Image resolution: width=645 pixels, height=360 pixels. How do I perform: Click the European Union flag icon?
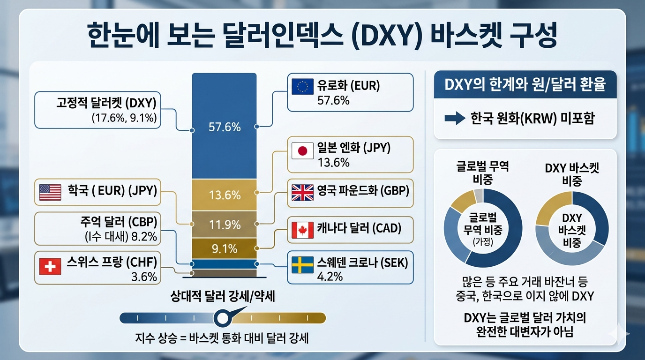[302, 86]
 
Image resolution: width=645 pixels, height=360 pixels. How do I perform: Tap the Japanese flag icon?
[302, 151]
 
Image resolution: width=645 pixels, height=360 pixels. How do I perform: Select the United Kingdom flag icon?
[302, 192]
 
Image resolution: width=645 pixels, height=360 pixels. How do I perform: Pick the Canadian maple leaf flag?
[302, 230]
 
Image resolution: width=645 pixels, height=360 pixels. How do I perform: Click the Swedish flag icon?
[302, 265]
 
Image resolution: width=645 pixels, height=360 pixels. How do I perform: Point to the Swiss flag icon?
[50, 266]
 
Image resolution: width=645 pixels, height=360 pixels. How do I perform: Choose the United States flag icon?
[50, 192]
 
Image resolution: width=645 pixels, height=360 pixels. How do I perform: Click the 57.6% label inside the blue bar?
[225, 127]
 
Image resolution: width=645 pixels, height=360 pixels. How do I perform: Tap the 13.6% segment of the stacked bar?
[225, 195]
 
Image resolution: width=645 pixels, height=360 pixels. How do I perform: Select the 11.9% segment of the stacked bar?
[225, 225]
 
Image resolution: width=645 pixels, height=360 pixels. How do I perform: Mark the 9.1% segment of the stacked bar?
[225, 248]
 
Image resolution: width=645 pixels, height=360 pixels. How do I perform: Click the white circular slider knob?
[223, 318]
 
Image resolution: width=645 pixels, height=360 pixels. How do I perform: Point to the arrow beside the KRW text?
[455, 118]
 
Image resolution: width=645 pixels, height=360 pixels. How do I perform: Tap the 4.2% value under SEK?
[330, 277]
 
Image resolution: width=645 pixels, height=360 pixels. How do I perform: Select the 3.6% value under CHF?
[144, 277]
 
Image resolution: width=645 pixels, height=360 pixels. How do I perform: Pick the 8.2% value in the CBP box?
[144, 237]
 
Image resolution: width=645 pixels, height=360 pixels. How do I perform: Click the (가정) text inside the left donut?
[483, 242]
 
